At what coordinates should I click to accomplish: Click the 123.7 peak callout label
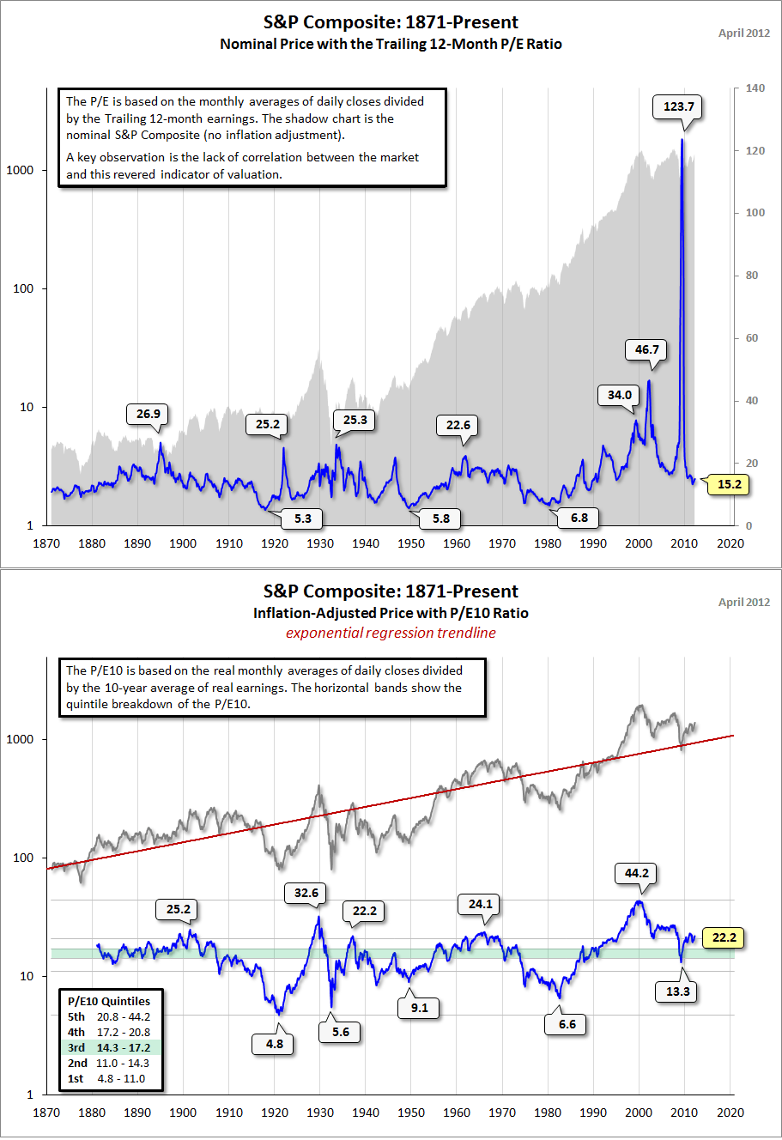[679, 106]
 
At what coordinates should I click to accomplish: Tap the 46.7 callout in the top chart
[646, 349]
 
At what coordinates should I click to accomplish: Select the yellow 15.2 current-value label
[729, 484]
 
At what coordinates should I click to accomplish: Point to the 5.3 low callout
[302, 518]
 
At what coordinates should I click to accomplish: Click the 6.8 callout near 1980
[579, 518]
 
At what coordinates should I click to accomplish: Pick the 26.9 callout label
[148, 414]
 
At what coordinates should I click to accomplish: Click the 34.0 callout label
[619, 395]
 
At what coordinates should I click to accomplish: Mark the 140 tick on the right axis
[755, 88]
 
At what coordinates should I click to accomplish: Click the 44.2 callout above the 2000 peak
[636, 873]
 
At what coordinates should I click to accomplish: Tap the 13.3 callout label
[677, 991]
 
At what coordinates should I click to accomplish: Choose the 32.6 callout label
[306, 893]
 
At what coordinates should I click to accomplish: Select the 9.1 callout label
[419, 1008]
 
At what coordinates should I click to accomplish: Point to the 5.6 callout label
[341, 1032]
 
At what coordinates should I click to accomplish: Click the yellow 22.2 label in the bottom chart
[724, 937]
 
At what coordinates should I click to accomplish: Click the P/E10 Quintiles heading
[109, 1001]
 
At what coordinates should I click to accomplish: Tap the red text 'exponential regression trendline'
[391, 633]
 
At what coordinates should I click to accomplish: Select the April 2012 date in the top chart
[744, 33]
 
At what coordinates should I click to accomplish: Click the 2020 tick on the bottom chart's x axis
[730, 1113]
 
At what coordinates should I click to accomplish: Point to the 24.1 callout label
[480, 904]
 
